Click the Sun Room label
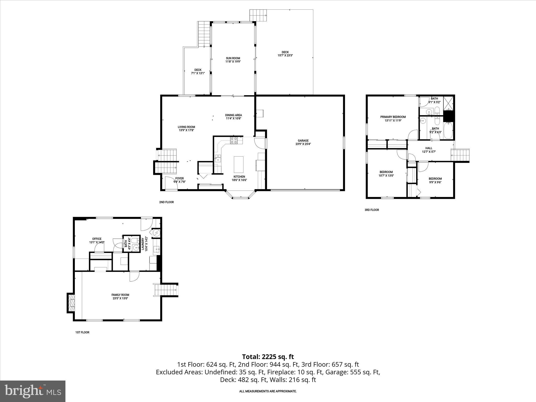coord(233,58)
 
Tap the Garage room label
coord(303,141)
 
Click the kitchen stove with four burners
coord(234,141)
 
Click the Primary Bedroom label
coord(393,117)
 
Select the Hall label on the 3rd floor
coord(429,148)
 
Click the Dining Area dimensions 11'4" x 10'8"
coord(233,118)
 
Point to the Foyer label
coord(179,178)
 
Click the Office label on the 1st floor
coord(97,239)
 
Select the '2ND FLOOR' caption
coord(166,202)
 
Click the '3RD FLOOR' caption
coord(372,210)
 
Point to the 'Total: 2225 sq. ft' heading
coord(268,357)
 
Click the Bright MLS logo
coord(33,391)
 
